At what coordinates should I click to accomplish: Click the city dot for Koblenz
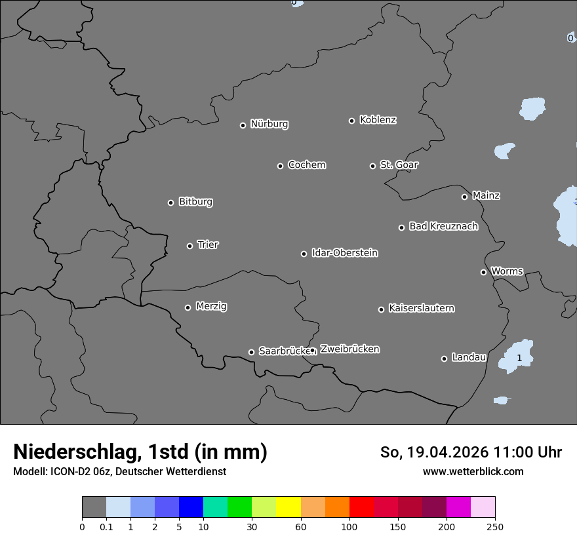(x=351, y=121)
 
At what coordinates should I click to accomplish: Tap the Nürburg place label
(x=269, y=124)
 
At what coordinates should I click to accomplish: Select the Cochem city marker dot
(x=280, y=166)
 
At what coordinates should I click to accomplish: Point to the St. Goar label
(x=399, y=165)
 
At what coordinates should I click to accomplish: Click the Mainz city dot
(x=464, y=197)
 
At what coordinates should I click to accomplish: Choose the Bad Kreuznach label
(x=443, y=226)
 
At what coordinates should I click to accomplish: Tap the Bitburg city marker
(x=170, y=203)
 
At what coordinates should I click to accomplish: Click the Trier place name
(x=208, y=244)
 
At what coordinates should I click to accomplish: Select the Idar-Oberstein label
(x=344, y=252)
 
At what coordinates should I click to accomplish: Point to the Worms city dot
(x=483, y=272)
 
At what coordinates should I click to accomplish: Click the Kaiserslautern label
(x=421, y=308)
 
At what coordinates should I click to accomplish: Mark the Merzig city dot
(x=188, y=307)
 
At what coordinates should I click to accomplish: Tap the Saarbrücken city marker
(x=251, y=352)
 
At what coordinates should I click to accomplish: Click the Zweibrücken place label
(x=349, y=349)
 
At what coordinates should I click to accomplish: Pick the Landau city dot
(x=444, y=359)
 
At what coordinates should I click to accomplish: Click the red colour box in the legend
(x=361, y=507)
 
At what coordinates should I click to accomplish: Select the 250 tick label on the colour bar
(x=495, y=526)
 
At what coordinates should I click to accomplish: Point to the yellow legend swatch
(x=288, y=507)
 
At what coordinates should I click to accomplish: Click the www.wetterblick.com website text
(x=473, y=471)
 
